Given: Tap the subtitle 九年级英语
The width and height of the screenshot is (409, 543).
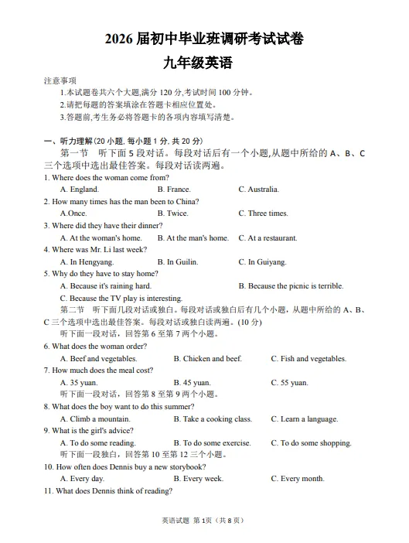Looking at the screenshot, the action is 203,63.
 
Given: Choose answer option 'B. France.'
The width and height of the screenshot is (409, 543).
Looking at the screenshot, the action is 174,190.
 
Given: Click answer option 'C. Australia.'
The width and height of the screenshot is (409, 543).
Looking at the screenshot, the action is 259,190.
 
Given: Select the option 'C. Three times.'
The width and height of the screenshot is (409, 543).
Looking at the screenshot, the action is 263,213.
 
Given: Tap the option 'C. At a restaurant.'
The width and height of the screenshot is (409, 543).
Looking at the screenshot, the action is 268,238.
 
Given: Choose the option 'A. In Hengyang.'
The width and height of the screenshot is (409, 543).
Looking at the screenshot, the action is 87,262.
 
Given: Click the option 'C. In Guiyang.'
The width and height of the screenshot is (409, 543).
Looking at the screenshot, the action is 262,262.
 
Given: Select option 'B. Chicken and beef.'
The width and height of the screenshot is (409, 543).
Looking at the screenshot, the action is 208,359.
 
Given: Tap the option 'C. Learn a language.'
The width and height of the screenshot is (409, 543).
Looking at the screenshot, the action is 305,419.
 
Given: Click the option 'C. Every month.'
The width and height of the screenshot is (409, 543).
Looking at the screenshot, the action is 298,479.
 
